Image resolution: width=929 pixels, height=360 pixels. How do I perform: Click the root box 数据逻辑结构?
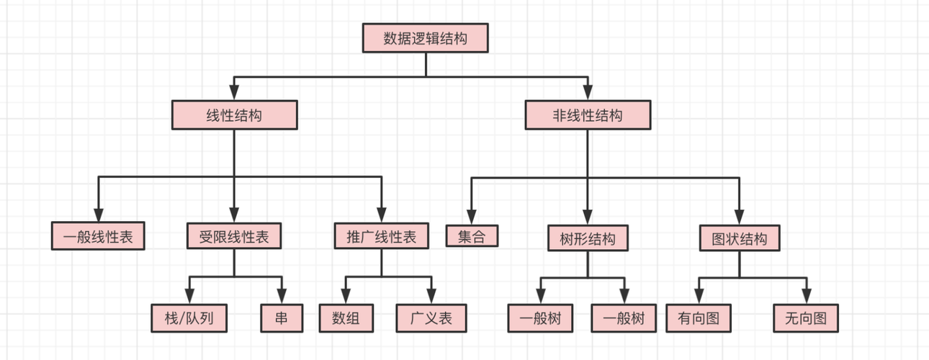(x=425, y=38)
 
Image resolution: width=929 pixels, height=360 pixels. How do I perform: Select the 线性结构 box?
(x=234, y=115)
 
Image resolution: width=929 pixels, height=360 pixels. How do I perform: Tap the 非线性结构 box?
(x=588, y=115)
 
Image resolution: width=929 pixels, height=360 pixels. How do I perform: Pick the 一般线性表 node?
(x=98, y=236)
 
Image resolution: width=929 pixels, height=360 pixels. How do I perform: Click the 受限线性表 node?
(x=234, y=236)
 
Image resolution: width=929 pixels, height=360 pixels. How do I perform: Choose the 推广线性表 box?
(x=382, y=236)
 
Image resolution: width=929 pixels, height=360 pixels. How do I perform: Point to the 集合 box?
(x=472, y=236)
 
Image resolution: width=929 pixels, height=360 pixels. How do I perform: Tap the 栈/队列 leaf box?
(x=189, y=318)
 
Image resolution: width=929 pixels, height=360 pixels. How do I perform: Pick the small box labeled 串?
(x=281, y=318)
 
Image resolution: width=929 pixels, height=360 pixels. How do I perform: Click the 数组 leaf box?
(x=346, y=318)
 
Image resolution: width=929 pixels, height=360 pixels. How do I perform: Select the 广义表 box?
(x=431, y=318)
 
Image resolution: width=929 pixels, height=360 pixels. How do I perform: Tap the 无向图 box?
(x=806, y=318)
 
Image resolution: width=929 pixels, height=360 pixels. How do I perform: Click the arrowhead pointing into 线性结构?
(x=234, y=94)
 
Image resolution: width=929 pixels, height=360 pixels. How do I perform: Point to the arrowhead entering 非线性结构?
(x=588, y=94)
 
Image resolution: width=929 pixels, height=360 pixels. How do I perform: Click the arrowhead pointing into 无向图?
(x=806, y=297)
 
